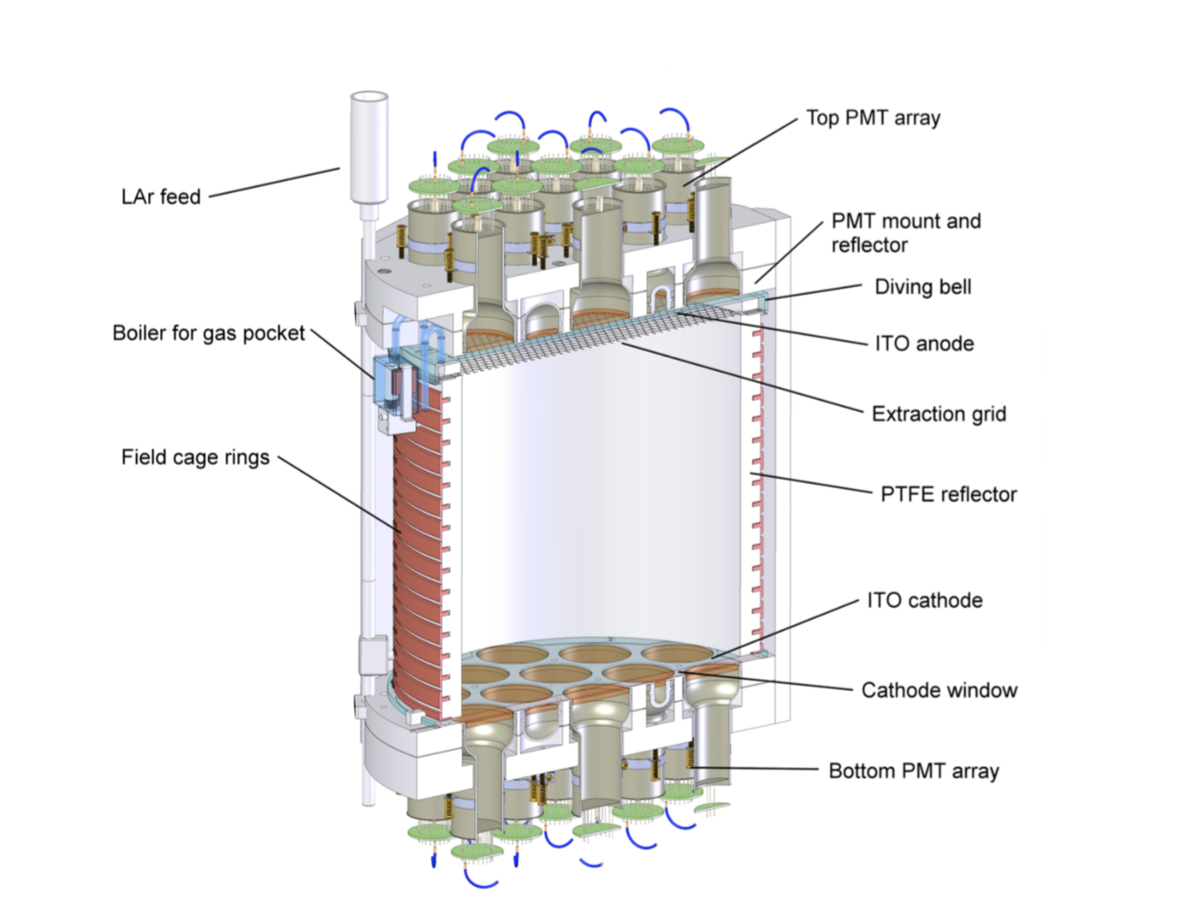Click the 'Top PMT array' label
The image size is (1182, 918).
[873, 118]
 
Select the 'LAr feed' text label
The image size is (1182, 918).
[161, 197]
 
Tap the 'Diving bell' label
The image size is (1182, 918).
[923, 287]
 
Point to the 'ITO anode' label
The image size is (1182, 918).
[924, 344]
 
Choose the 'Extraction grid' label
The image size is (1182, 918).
[938, 414]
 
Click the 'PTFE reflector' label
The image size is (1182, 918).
[948, 494]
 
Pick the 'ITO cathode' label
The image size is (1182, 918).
[924, 601]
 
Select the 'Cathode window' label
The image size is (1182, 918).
[939, 690]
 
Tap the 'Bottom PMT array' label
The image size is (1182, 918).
[913, 772]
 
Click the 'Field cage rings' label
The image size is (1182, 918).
[195, 457]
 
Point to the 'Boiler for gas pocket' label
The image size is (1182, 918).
[208, 333]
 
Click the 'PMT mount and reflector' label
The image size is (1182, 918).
[905, 233]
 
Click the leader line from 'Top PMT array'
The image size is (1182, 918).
[740, 152]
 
